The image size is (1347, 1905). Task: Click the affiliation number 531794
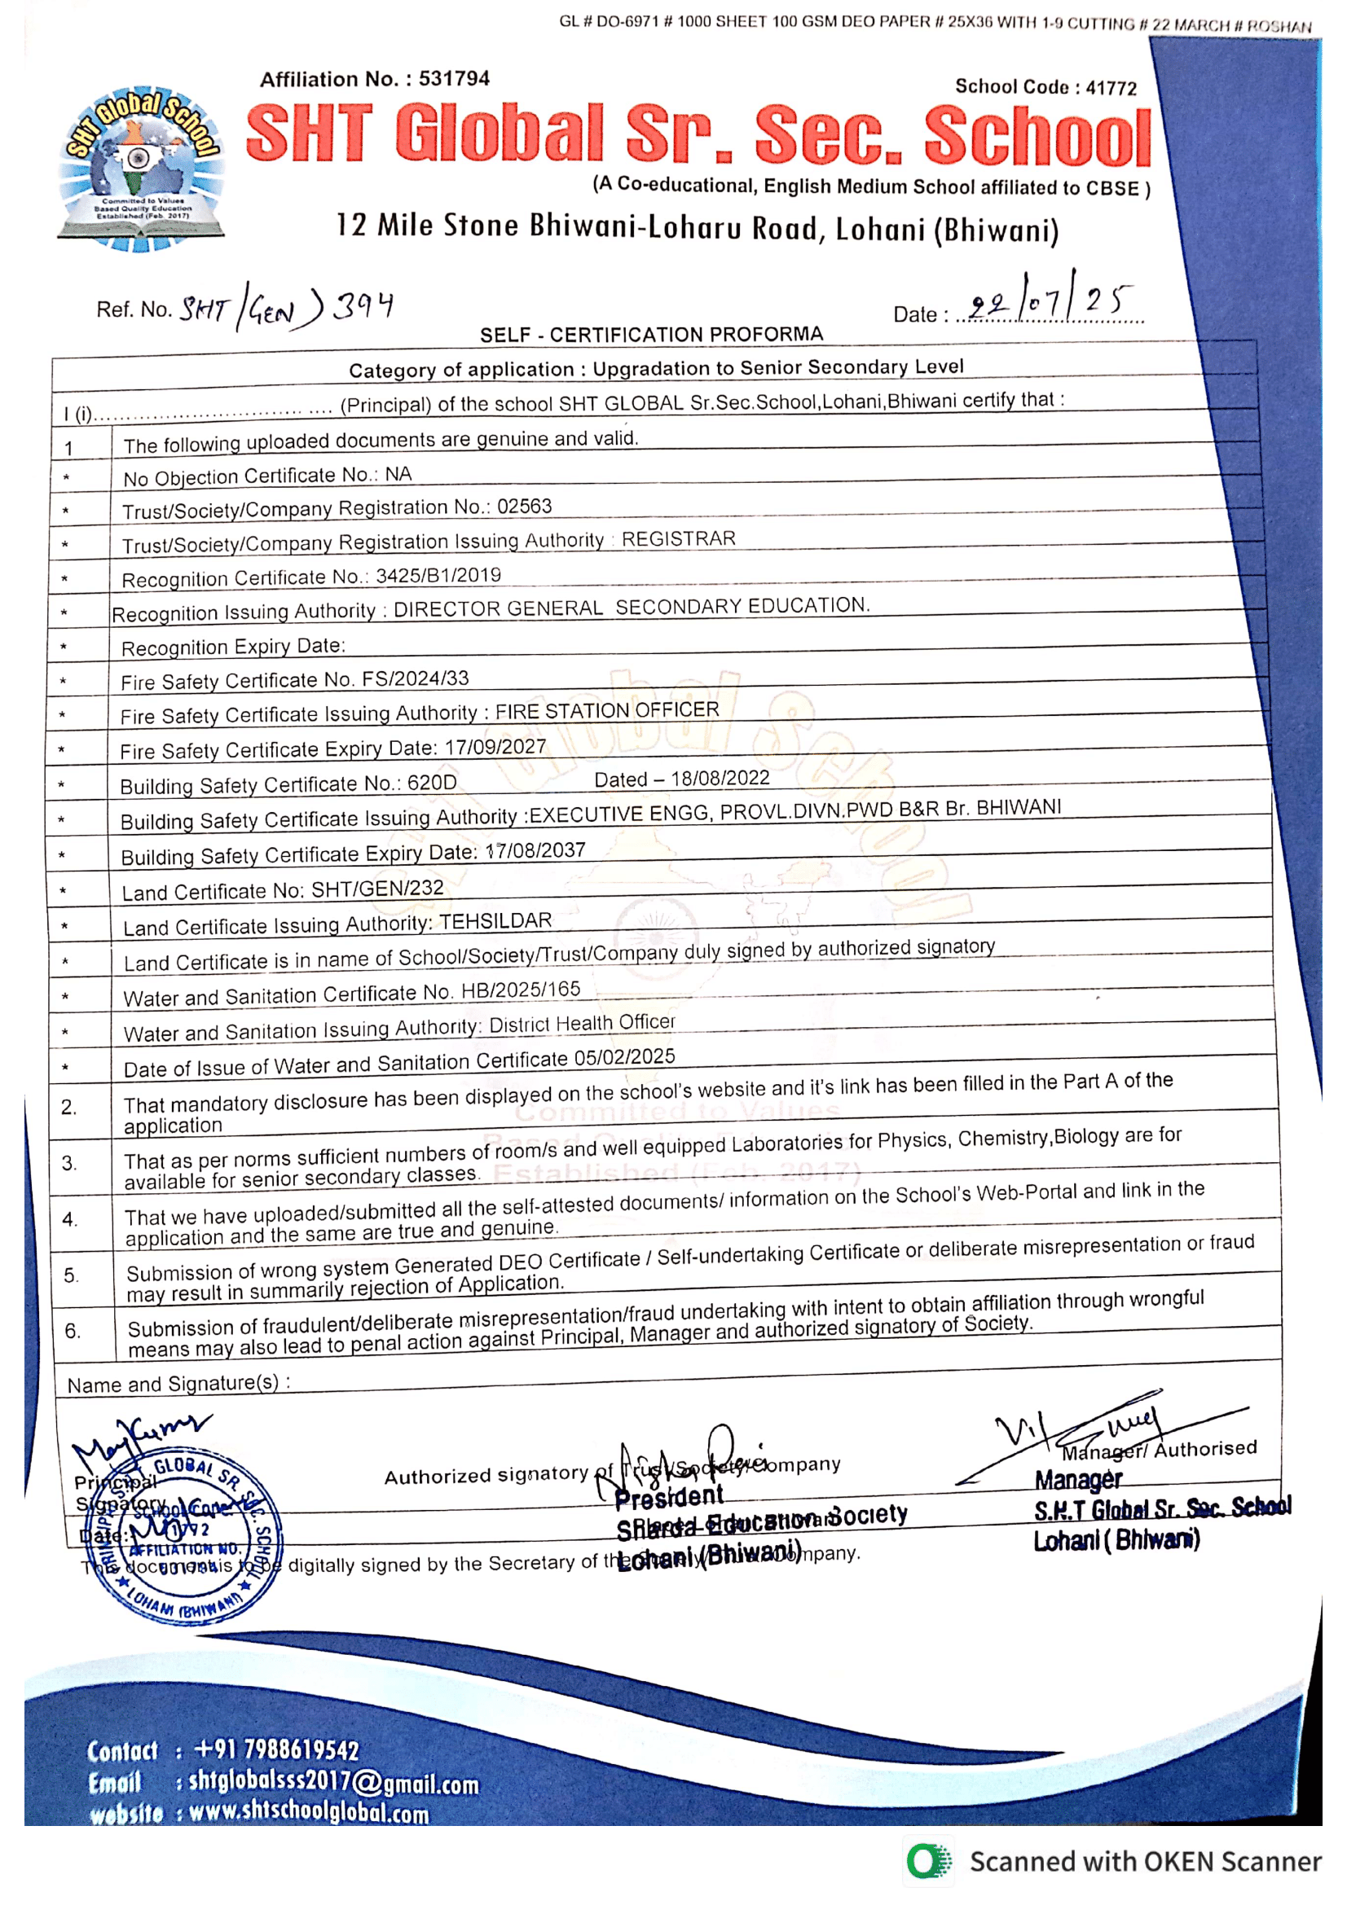[454, 79]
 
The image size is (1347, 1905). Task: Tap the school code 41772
[1111, 87]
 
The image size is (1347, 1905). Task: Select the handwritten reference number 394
[363, 306]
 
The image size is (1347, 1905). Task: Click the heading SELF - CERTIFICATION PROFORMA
[652, 335]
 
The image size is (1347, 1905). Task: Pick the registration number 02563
[525, 506]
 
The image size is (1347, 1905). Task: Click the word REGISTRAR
[678, 538]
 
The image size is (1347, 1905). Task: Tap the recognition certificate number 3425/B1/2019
[438, 575]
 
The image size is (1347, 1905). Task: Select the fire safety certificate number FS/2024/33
[415, 678]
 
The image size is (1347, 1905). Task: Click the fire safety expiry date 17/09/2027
[495, 747]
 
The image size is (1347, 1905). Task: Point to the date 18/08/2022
[720, 779]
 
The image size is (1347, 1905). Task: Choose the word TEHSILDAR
[495, 921]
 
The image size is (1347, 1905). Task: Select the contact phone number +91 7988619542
[275, 1749]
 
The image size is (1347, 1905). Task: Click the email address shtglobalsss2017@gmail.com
[333, 1782]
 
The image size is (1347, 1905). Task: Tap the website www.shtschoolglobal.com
[309, 1812]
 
